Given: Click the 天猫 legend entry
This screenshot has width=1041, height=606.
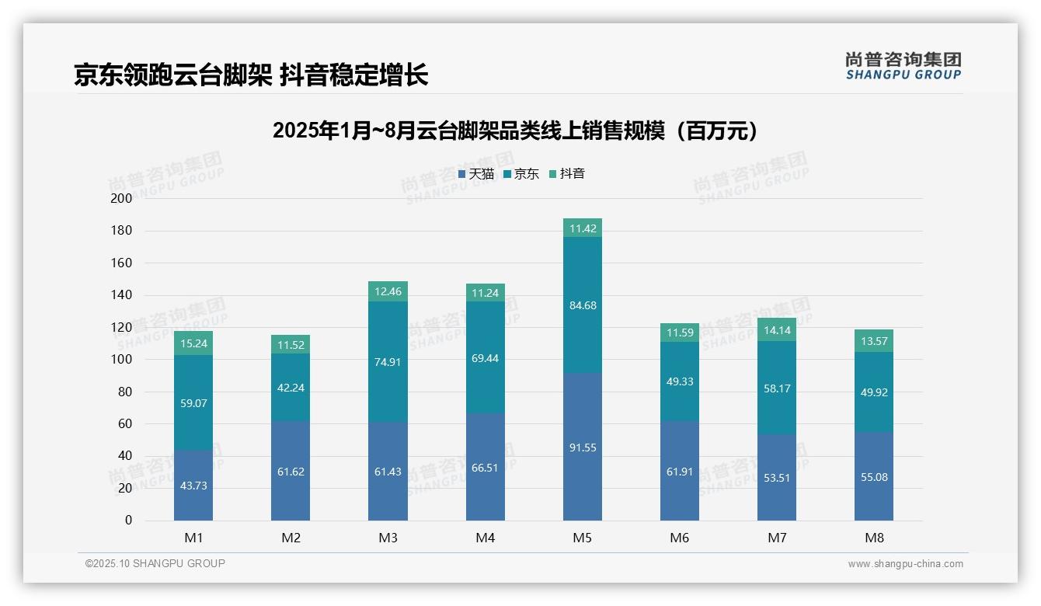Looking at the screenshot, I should click(476, 174).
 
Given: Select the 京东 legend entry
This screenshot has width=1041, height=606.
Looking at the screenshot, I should click(521, 174).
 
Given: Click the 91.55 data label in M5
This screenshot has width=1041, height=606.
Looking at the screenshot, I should click(583, 448).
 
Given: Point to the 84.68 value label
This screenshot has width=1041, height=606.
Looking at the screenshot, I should click(583, 305).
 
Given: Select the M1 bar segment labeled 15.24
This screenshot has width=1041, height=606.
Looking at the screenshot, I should click(193, 343).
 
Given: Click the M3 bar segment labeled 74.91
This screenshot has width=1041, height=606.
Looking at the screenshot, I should click(388, 362).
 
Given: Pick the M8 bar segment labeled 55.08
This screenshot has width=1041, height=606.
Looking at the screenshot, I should click(874, 477).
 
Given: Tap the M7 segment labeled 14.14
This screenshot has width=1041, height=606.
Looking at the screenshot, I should click(777, 329).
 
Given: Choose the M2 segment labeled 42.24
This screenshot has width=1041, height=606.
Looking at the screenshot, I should click(291, 388).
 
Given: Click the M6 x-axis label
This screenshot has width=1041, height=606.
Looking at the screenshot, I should click(680, 538).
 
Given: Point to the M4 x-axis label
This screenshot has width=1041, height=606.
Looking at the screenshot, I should click(485, 538).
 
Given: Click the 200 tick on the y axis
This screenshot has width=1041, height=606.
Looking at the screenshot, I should click(122, 198).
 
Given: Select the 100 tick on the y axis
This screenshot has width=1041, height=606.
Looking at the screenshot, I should click(122, 360).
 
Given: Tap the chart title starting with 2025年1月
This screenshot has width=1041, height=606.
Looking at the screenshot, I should click(516, 131).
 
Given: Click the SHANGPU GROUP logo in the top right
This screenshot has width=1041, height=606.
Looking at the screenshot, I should click(903, 66).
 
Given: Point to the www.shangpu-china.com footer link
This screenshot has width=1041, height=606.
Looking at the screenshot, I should click(905, 564).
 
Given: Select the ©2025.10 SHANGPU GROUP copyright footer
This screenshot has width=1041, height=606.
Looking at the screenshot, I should click(155, 563).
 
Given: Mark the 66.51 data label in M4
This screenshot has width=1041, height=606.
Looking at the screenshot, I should click(485, 468).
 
